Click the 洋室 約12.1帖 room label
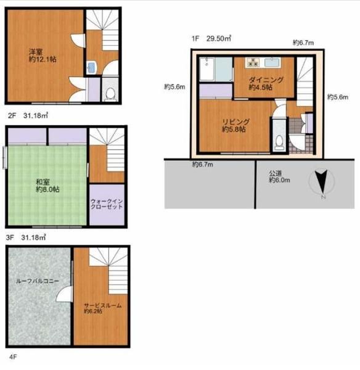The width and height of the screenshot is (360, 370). [x=43, y=55]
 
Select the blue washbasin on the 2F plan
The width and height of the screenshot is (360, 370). [x=91, y=67]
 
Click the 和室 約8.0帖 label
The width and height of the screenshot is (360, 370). [x=47, y=186]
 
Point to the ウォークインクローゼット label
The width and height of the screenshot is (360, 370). [x=107, y=204]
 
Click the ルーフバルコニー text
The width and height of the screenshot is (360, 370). [x=38, y=281]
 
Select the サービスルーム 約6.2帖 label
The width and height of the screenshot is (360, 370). [x=103, y=308]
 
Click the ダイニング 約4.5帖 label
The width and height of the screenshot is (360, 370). [x=266, y=83]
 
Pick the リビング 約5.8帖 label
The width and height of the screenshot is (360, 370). [x=235, y=126]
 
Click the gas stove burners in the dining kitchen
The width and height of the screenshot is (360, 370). [x=253, y=63]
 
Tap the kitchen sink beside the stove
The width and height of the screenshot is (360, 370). [x=272, y=63]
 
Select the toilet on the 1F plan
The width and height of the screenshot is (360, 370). [x=279, y=142]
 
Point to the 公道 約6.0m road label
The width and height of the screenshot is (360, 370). [x=279, y=177]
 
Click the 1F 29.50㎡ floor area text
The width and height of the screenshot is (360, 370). [x=211, y=38]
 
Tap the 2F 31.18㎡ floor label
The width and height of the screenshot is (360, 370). [x=28, y=116]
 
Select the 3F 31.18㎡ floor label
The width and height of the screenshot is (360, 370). [x=26, y=237]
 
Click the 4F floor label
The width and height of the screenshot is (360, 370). [x=13, y=357]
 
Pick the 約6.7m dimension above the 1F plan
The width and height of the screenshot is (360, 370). [x=303, y=43]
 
